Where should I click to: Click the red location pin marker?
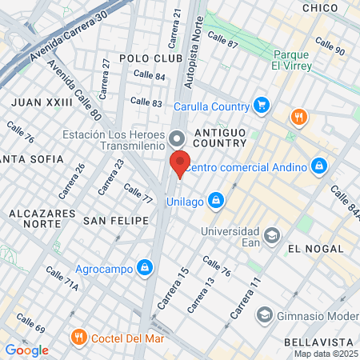(x=179, y=164)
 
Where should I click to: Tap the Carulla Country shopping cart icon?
(x=260, y=104)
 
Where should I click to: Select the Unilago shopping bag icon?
(x=215, y=199)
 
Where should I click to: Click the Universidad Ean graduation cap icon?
(x=272, y=235)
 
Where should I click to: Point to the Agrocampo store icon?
(x=145, y=266)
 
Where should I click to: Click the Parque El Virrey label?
(x=290, y=60)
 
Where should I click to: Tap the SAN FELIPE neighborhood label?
(x=117, y=219)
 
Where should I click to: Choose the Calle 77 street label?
(x=138, y=193)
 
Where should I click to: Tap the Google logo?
(x=26, y=350)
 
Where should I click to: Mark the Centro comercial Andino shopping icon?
(x=319, y=166)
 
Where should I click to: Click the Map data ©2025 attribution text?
(x=326, y=354)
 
